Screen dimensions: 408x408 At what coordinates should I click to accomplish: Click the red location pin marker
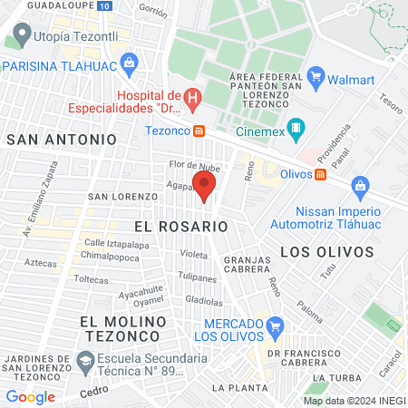pyautogui.click(x=205, y=187)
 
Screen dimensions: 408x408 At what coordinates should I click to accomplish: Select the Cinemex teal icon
pyautogui.click(x=295, y=128)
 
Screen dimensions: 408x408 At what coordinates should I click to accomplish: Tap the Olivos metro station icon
pyautogui.click(x=321, y=174)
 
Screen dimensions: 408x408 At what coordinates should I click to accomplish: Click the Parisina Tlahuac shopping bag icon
pyautogui.click(x=129, y=64)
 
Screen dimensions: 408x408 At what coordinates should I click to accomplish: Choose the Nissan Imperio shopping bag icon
pyautogui.click(x=360, y=188)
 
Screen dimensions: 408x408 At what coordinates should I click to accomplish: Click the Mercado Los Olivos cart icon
pyautogui.click(x=276, y=325)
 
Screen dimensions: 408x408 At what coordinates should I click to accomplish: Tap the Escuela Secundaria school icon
pyautogui.click(x=84, y=362)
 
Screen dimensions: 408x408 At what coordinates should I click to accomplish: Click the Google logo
pyautogui.click(x=30, y=396)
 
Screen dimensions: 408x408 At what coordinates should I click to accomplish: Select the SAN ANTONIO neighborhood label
pyautogui.click(x=62, y=140)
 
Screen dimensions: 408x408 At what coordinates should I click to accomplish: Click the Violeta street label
pyautogui.click(x=193, y=255)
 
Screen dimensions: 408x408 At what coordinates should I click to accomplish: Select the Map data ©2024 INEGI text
pyautogui.click(x=354, y=400)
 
